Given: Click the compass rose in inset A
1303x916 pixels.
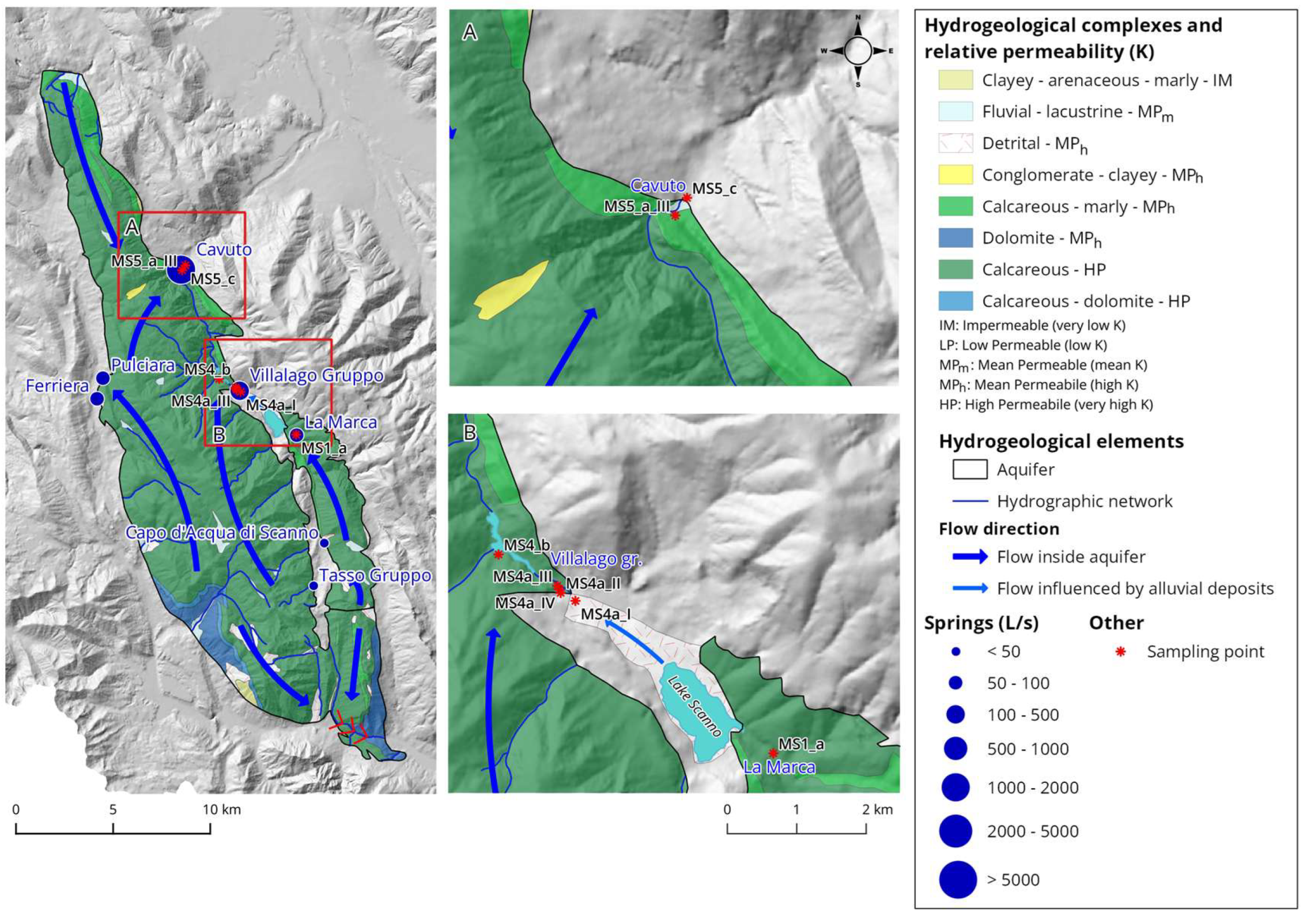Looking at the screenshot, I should pyautogui.click(x=858, y=51).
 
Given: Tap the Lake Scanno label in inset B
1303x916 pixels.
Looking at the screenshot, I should pyautogui.click(x=694, y=706).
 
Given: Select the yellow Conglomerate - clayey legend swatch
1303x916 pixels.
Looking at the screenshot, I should pyautogui.click(x=955, y=175).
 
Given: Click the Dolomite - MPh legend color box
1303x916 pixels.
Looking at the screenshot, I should pyautogui.click(x=955, y=238).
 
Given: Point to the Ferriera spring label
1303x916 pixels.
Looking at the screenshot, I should pyautogui.click(x=57, y=386).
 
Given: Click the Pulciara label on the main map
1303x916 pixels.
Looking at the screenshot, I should pyautogui.click(x=142, y=365).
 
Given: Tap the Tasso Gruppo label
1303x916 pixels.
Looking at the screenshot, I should pyautogui.click(x=375, y=575).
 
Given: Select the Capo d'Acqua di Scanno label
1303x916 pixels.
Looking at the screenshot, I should pyautogui.click(x=221, y=532).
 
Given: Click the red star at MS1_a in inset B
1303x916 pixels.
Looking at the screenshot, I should pyautogui.click(x=773, y=753).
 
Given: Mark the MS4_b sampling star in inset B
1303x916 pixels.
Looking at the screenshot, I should pyautogui.click(x=498, y=555).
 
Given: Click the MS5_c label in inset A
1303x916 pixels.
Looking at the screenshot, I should pyautogui.click(x=714, y=189).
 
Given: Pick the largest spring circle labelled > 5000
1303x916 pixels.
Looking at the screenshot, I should pyautogui.click(x=957, y=880).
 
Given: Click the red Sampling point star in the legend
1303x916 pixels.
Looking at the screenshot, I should pyautogui.click(x=1120, y=652).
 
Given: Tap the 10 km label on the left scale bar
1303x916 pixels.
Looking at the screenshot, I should pyautogui.click(x=221, y=809).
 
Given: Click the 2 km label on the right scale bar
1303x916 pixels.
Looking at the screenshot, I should pyautogui.click(x=877, y=809).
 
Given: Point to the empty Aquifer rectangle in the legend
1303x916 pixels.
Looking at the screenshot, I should pyautogui.click(x=969, y=469).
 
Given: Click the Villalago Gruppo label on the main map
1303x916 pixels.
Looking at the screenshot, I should pyautogui.click(x=316, y=375).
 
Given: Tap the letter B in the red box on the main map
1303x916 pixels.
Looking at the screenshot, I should pyautogui.click(x=218, y=434).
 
